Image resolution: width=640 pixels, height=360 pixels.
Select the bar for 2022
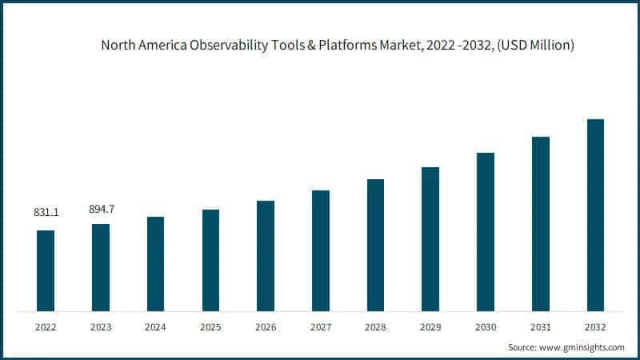46,270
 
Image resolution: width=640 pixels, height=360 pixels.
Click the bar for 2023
101,267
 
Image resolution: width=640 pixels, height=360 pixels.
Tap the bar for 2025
210,260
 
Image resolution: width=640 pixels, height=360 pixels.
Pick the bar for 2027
321,250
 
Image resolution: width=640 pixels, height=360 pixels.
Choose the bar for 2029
430,239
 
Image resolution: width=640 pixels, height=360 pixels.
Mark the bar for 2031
541,224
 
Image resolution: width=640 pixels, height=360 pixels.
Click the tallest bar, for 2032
595,215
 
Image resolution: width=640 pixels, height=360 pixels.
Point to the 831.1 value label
46,214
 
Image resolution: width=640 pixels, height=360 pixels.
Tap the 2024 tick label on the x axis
155,327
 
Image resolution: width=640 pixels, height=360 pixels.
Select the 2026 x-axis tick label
266,327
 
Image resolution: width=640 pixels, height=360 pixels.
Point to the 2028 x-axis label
375,327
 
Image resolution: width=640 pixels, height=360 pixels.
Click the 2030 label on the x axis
486,327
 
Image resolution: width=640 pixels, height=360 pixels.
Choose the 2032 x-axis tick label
595,327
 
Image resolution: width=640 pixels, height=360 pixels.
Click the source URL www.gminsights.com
582,347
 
